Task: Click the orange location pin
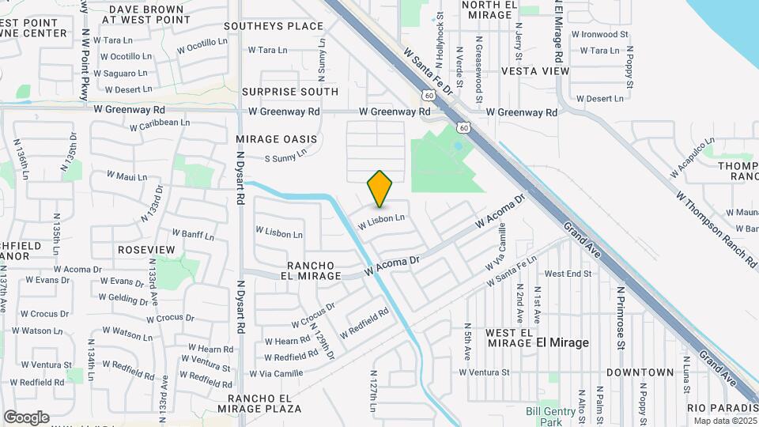coord(380,189)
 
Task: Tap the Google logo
coord(26,417)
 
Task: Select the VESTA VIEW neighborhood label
coord(535,71)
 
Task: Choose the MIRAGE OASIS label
coord(276,139)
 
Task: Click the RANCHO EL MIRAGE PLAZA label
coord(265,403)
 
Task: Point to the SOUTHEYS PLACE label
coord(274,26)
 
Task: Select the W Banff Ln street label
coord(194,235)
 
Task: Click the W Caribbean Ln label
coord(160,124)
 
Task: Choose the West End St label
coord(568,274)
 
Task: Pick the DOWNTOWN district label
coord(640,372)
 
